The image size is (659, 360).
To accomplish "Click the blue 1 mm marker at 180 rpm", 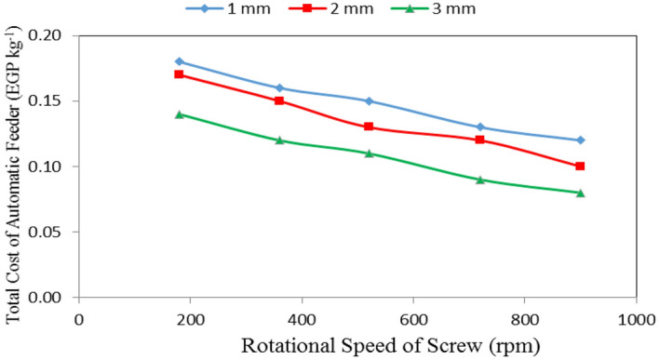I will coord(180,61).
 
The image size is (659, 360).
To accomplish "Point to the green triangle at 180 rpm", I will coord(180,113).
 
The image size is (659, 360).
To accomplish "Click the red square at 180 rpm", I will coord(180,74).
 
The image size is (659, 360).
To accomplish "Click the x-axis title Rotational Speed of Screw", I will coord(357,344).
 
